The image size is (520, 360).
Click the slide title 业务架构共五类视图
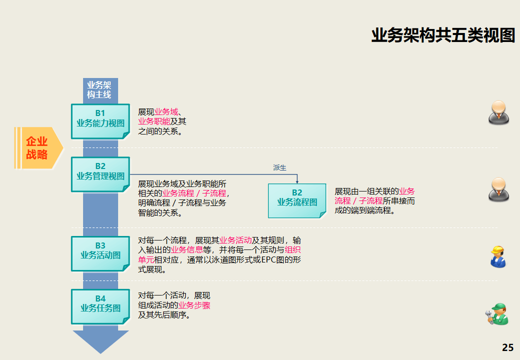[443, 35]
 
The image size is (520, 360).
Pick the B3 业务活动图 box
[100, 250]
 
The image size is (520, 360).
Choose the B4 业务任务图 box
[100, 304]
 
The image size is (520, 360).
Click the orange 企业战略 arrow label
[38, 148]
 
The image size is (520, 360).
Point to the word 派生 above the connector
[280, 168]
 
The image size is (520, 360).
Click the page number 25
[507, 348]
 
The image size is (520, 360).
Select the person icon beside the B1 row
[498, 112]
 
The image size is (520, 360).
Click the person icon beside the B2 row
[498, 189]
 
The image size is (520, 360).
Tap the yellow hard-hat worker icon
[498, 256]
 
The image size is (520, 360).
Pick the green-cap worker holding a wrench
[497, 314]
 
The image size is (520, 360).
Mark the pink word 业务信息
[187, 250]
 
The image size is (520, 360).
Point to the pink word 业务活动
[235, 240]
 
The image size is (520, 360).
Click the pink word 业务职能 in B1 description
[154, 121]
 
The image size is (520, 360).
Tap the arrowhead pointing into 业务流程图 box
[297, 181]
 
